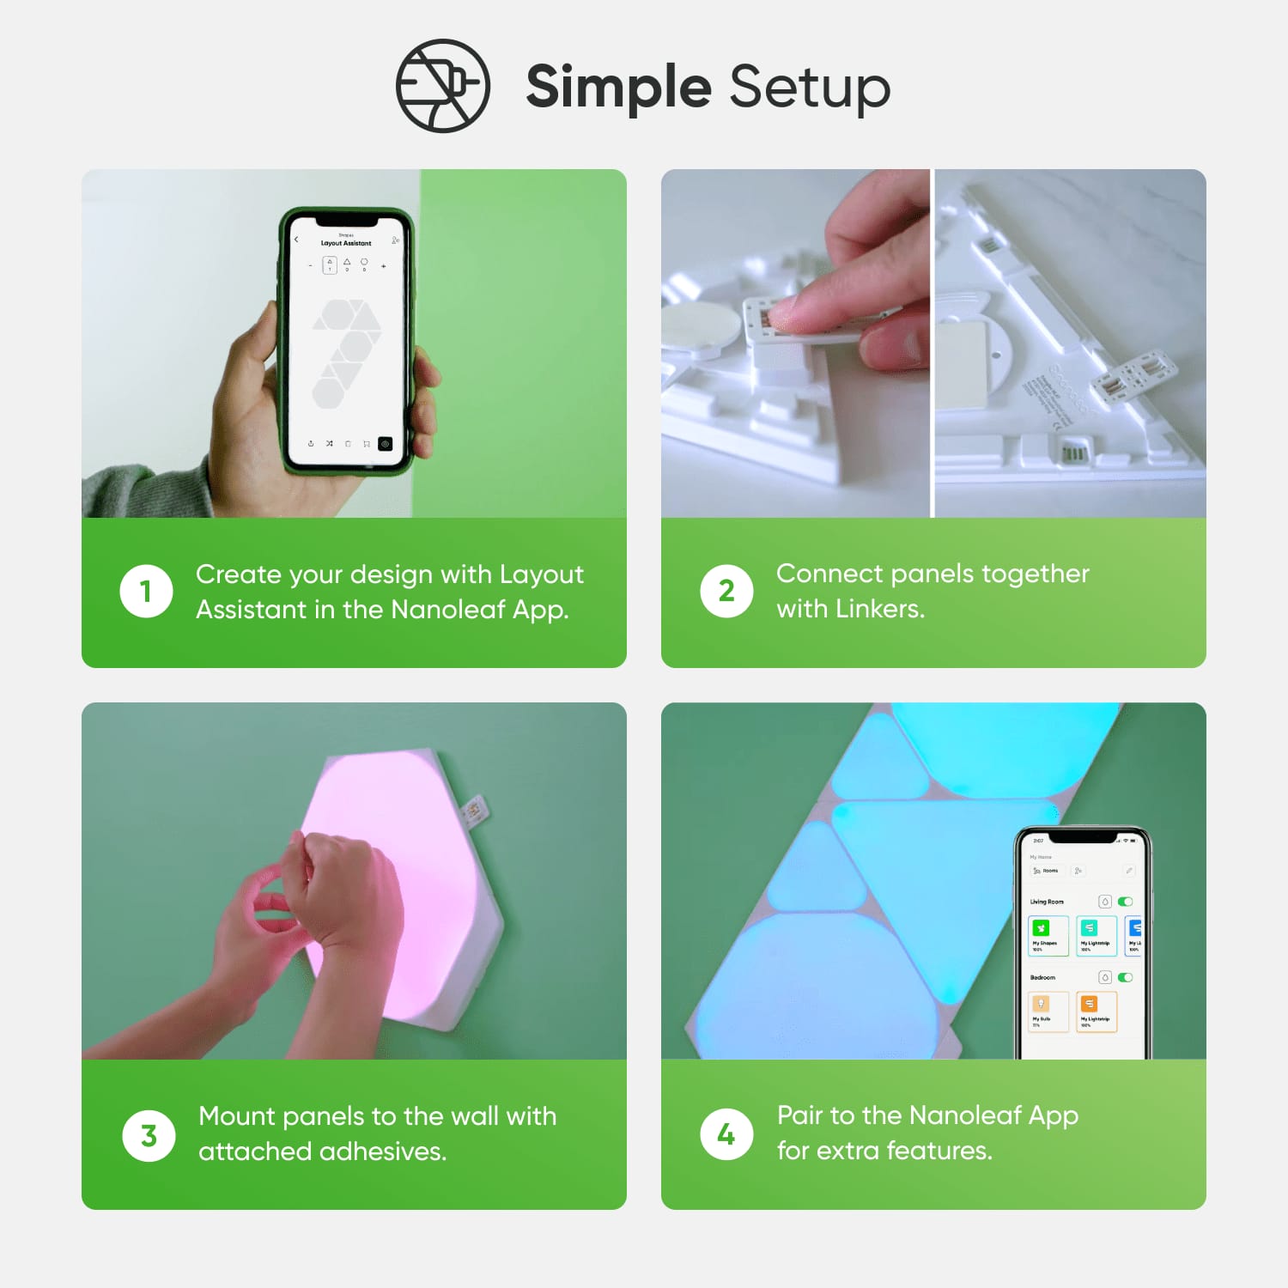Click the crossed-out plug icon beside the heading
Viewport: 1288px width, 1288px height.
click(442, 86)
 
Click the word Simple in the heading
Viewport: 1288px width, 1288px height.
click(618, 88)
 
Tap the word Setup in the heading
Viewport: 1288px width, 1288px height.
click(810, 88)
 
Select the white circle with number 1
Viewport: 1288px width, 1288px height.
click(146, 591)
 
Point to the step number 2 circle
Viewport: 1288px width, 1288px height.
click(726, 591)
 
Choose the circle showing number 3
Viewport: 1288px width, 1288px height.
click(149, 1135)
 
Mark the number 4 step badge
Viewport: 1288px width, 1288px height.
click(726, 1134)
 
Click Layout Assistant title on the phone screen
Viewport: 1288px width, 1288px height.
click(346, 243)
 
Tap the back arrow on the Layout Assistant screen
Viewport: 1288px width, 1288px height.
click(296, 240)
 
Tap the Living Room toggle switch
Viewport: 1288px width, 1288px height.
click(1125, 902)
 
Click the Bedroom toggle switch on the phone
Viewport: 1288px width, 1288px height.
click(1125, 977)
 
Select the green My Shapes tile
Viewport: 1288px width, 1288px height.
click(1048, 935)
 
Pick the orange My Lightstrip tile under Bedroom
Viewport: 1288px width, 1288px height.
click(1096, 1011)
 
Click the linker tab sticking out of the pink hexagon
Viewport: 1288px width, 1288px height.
click(473, 810)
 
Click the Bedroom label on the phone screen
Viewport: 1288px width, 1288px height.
click(1042, 977)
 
